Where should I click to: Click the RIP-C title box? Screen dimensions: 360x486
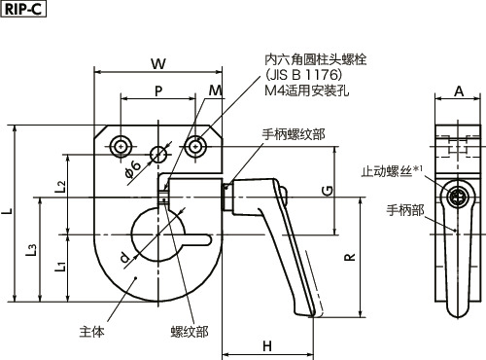point(23,10)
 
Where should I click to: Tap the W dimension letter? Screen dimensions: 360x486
point(156,63)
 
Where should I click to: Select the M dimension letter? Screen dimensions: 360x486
point(213,90)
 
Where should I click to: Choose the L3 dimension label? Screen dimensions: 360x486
point(34,252)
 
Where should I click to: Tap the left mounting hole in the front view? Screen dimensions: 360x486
point(121,146)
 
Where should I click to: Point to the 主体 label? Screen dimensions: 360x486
point(91,330)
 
